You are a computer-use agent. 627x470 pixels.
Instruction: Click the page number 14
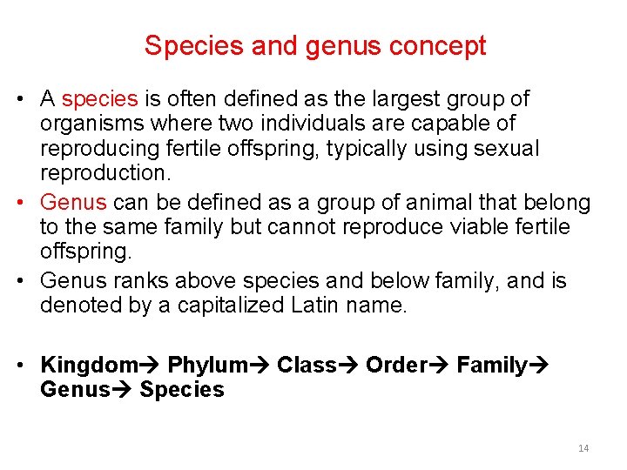[x=583, y=448]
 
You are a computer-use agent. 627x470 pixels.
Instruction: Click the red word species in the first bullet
[x=99, y=100]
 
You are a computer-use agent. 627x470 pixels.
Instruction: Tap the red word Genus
[x=73, y=203]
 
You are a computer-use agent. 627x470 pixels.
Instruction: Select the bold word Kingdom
[x=89, y=365]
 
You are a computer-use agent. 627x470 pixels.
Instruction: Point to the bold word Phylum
[x=206, y=365]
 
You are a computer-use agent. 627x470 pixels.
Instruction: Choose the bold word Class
[x=306, y=365]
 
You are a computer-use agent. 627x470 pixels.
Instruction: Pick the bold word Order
[x=396, y=365]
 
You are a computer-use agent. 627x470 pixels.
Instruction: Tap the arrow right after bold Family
[x=538, y=365]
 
